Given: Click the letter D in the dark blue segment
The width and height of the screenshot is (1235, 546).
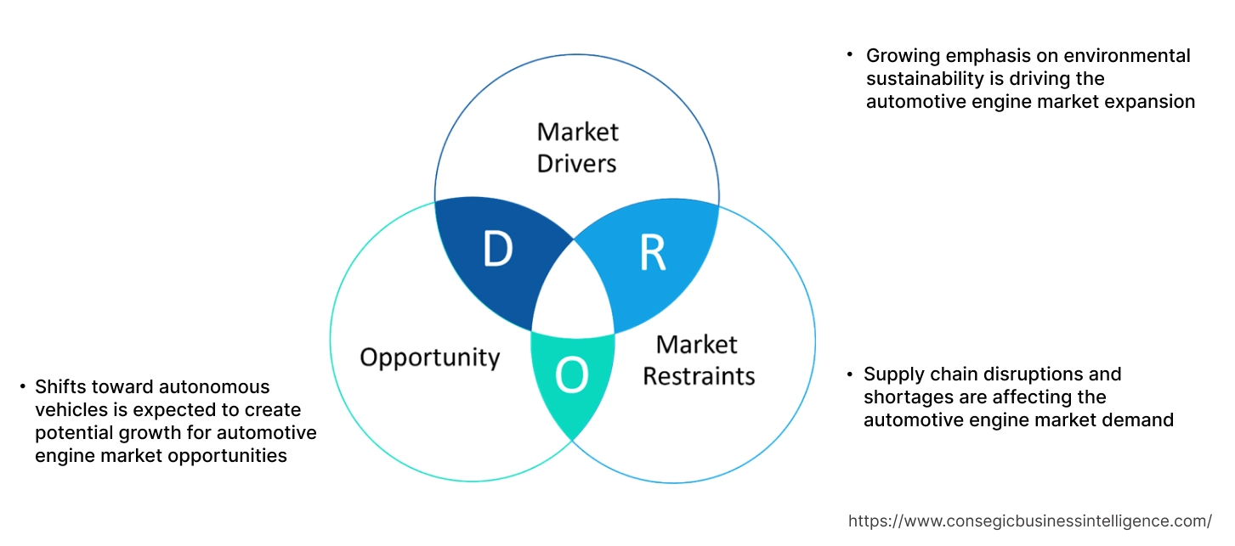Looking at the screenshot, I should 498,250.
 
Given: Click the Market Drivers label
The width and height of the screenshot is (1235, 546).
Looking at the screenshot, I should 577,147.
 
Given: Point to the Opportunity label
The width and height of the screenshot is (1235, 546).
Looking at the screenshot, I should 429,357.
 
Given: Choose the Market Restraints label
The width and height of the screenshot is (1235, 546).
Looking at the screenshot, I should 698,360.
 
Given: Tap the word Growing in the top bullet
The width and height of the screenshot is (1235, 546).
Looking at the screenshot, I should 900,56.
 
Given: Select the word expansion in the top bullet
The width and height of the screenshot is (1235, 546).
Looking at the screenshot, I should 1152,102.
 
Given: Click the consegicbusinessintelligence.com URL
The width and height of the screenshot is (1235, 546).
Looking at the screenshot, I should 1030,521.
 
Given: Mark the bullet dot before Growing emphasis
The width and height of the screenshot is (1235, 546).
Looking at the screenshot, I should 849,55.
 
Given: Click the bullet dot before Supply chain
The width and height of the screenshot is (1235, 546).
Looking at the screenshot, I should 849,374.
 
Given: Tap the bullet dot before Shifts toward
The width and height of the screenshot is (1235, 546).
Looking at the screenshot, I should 22,387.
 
